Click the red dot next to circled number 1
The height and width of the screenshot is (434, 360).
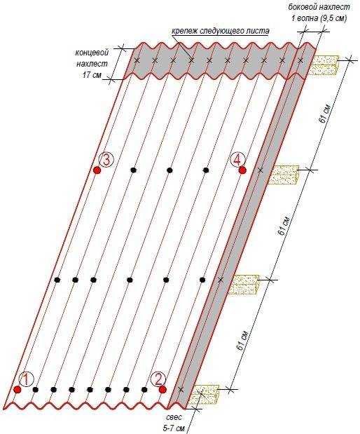click(18, 389)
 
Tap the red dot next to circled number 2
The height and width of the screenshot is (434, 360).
click(162, 389)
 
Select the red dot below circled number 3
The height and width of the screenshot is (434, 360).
click(97, 170)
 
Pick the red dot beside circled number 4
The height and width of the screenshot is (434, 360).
click(242, 170)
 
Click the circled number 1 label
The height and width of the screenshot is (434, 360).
click(27, 379)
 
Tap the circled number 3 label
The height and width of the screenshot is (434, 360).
click(106, 160)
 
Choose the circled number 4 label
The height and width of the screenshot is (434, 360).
click(237, 159)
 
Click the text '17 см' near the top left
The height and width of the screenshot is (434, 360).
click(92, 75)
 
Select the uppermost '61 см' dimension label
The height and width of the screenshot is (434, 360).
click(324, 114)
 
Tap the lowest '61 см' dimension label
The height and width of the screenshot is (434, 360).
click(242, 339)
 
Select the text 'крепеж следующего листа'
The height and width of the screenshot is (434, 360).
click(220, 31)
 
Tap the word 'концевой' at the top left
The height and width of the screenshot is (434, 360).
click(92, 53)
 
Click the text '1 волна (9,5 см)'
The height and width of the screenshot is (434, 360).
click(319, 18)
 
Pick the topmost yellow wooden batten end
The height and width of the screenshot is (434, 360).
click(324, 65)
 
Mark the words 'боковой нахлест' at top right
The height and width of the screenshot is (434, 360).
click(319, 7)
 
